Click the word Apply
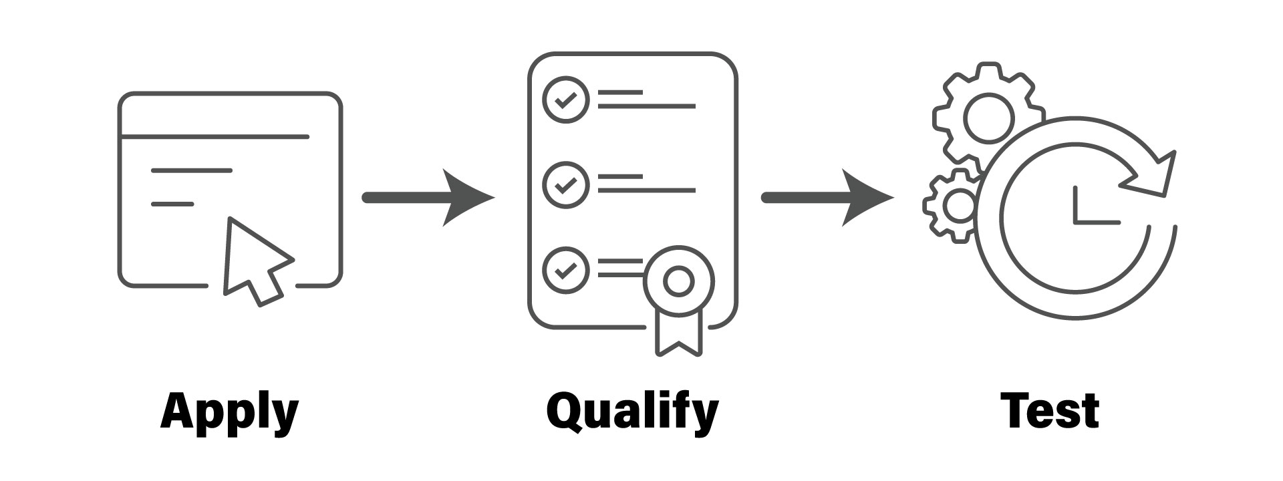(x=229, y=411)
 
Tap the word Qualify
(x=632, y=411)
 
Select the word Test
(x=1050, y=411)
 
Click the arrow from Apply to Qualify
(x=428, y=198)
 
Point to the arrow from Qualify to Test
(x=827, y=198)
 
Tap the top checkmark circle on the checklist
(x=565, y=100)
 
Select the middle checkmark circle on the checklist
(x=565, y=184)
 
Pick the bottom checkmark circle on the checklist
(x=565, y=269)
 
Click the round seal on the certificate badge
(x=679, y=281)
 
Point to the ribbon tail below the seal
(x=679, y=334)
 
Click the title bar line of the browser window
(x=214, y=137)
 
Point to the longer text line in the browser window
(x=192, y=170)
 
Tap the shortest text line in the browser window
(x=172, y=204)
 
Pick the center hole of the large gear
(x=987, y=116)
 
